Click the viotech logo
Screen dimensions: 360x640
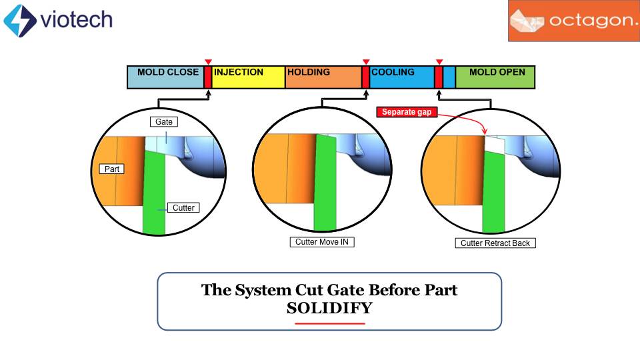pyautogui.click(x=58, y=20)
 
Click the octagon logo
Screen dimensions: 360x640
pyautogui.click(x=573, y=21)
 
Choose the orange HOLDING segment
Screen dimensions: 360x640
pyautogui.click(x=323, y=78)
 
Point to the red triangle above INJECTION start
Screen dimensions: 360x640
pyautogui.click(x=208, y=61)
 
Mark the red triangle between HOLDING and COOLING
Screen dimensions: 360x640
pyautogui.click(x=365, y=61)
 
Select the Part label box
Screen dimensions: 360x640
pyautogui.click(x=112, y=169)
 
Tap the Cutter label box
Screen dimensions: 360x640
pyautogui.click(x=183, y=208)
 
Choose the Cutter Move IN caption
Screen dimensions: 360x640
pyautogui.click(x=321, y=242)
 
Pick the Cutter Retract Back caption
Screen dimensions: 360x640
pyautogui.click(x=495, y=243)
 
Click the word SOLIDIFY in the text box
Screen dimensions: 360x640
pyautogui.click(x=329, y=309)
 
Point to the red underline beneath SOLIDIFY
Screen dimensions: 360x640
pyautogui.click(x=330, y=323)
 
